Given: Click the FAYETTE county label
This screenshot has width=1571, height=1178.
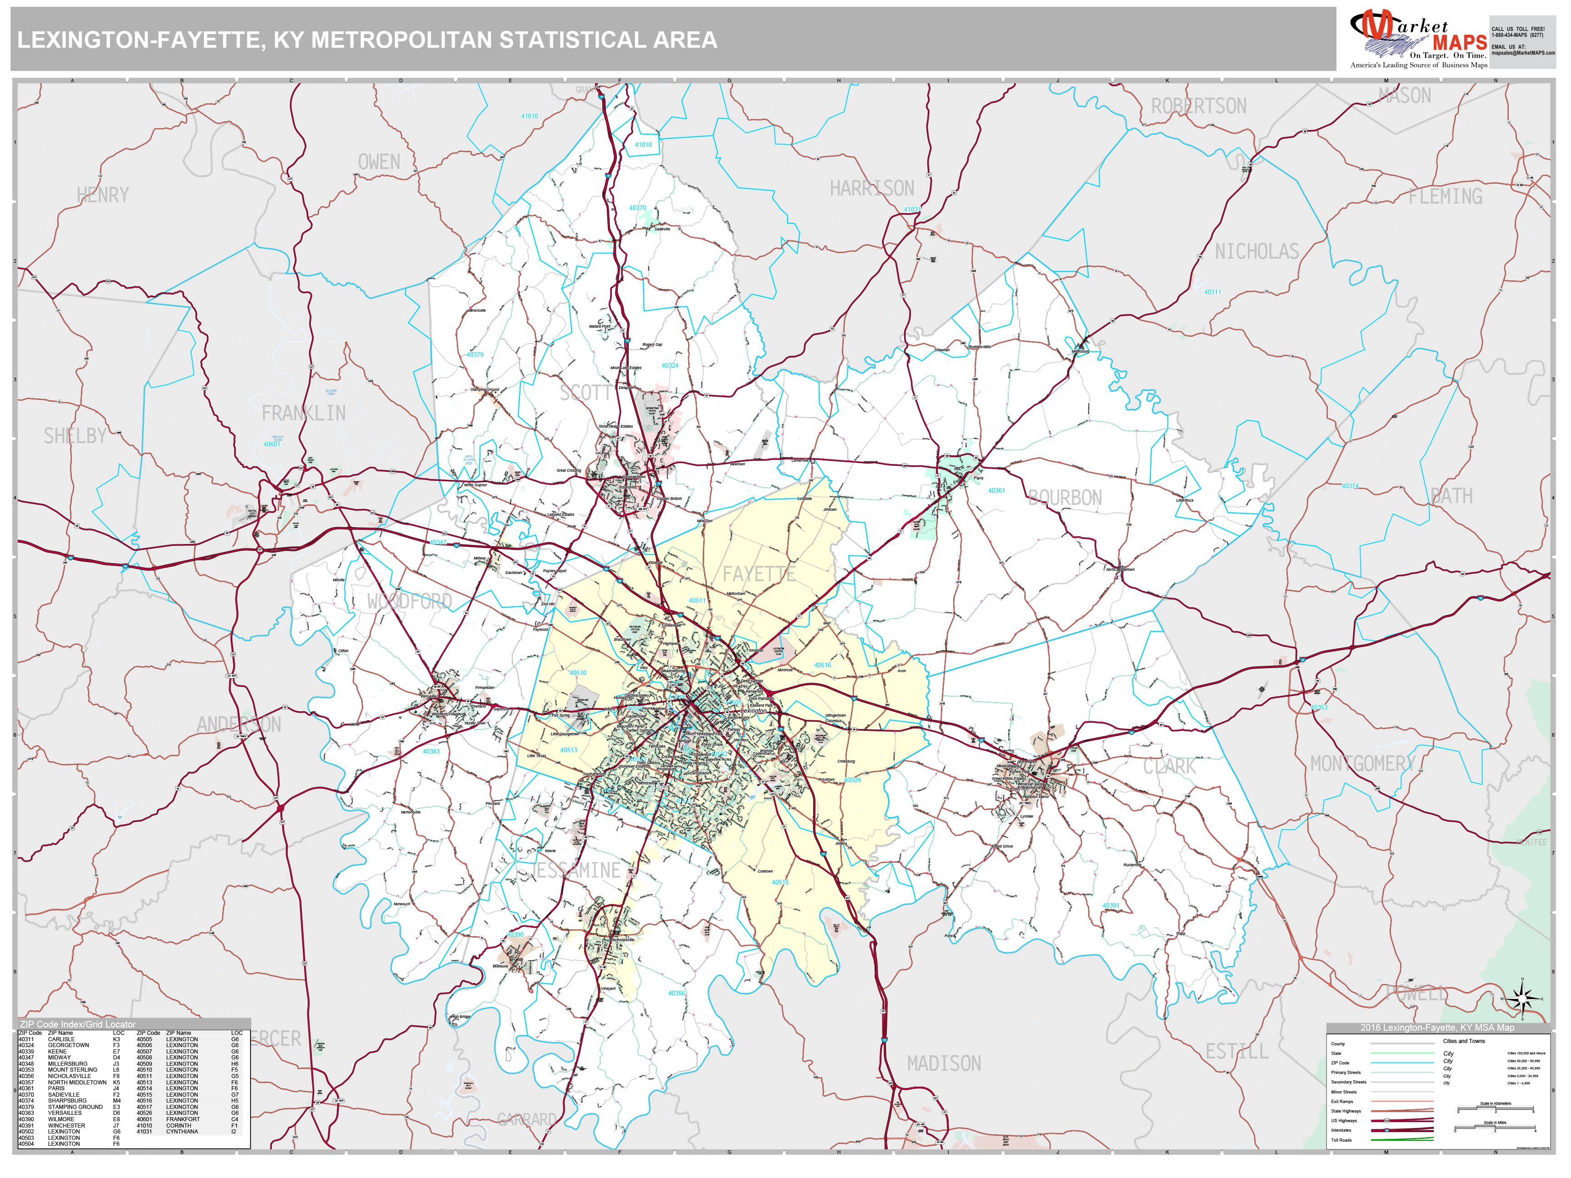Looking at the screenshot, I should click(x=759, y=574).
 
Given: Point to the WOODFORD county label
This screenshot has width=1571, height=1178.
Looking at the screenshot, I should click(x=409, y=601).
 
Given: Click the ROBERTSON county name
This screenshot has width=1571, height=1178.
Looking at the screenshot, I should click(x=1198, y=106).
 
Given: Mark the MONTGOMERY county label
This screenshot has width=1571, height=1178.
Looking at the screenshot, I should click(x=1362, y=764).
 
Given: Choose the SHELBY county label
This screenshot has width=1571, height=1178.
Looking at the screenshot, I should click(x=75, y=435).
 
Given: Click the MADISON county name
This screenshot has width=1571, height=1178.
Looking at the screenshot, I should click(x=943, y=1063).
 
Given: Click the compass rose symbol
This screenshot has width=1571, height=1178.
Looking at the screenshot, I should click(x=1523, y=998).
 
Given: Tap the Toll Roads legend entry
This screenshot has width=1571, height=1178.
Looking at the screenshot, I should click(x=1341, y=1140).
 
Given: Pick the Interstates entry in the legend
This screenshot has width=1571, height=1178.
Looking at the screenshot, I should click(x=1341, y=1130).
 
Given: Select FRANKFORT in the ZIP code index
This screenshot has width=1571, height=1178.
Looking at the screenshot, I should click(x=183, y=1119).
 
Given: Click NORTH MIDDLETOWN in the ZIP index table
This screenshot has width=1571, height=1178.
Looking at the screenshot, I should click(x=77, y=1082).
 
